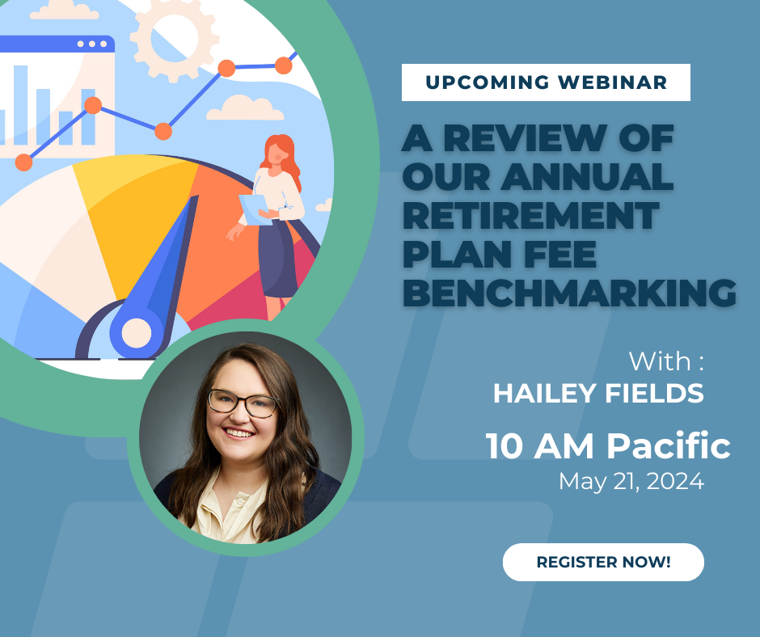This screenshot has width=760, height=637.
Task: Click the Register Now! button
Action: (603, 562)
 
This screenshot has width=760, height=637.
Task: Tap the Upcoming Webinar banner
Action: (546, 82)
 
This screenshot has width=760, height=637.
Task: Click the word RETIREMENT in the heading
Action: (530, 216)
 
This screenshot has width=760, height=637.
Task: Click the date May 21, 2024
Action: (631, 482)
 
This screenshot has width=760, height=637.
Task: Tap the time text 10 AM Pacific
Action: (608, 445)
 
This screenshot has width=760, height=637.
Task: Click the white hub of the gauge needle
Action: (136, 331)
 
